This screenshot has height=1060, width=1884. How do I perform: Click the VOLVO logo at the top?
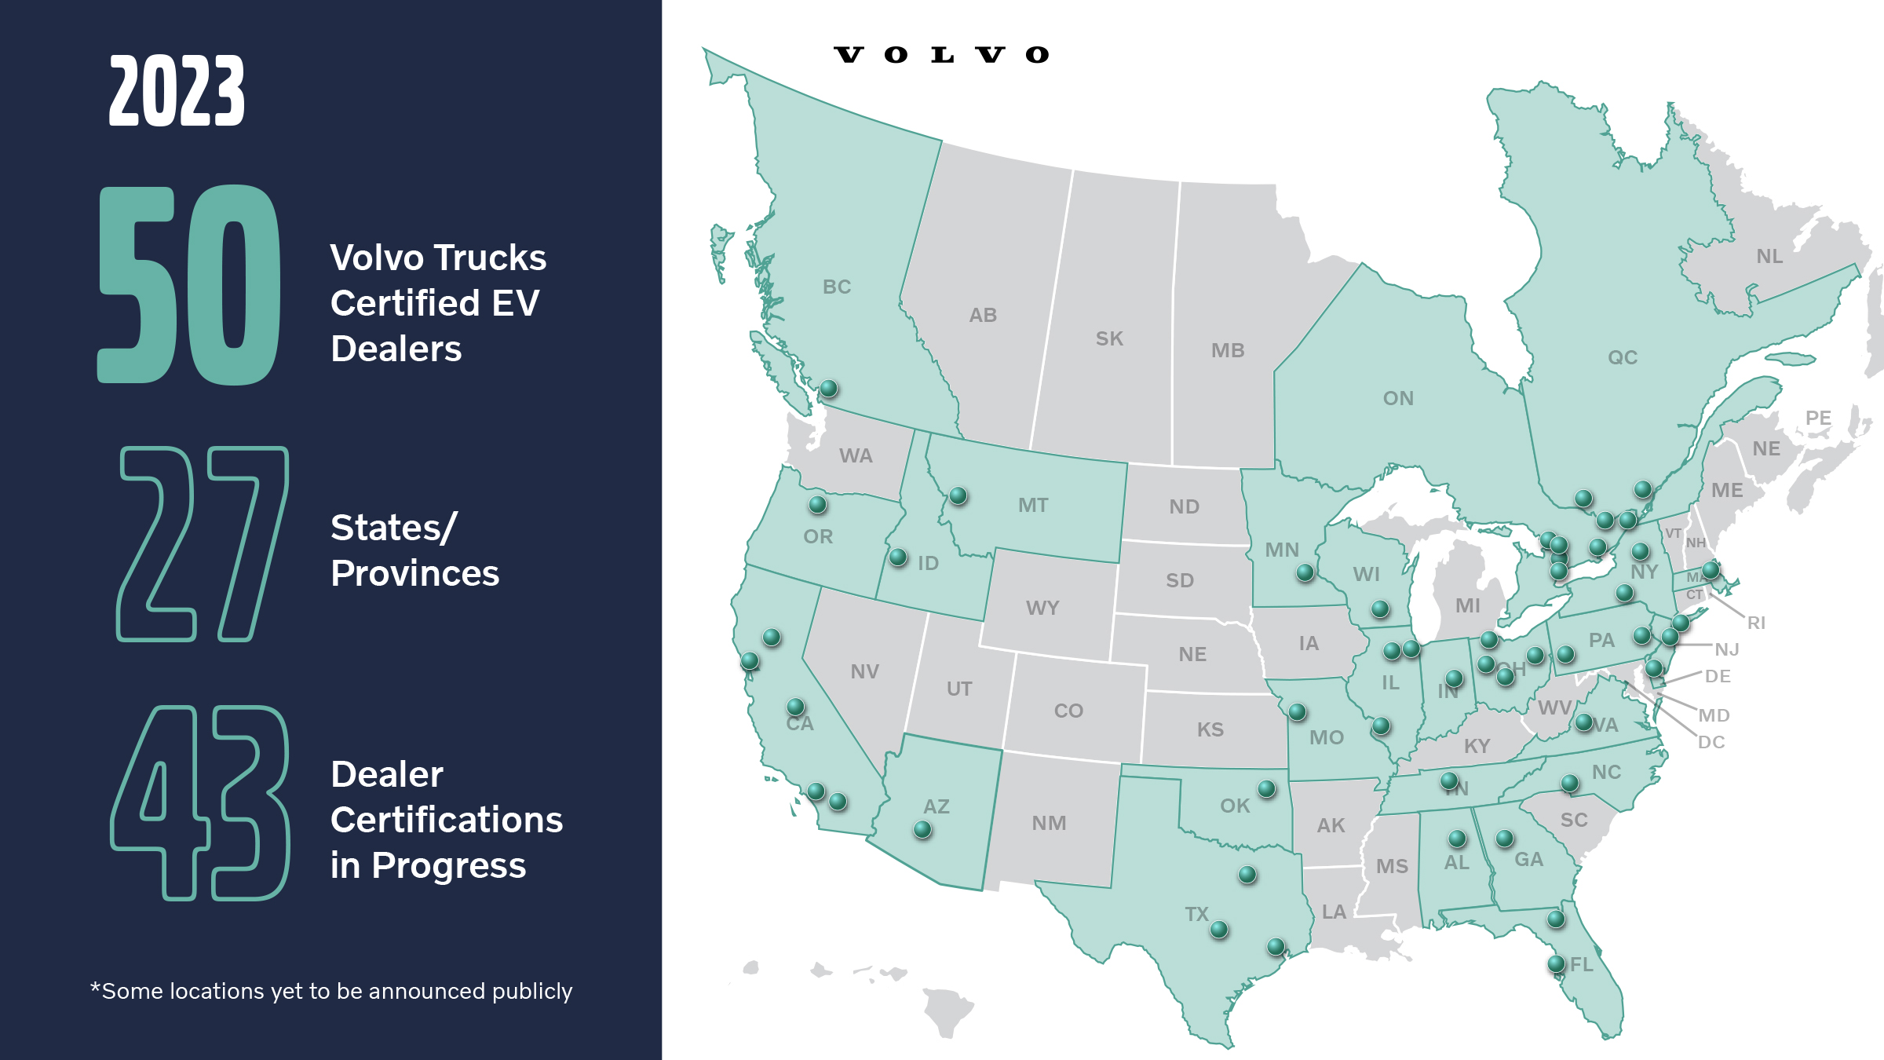(x=941, y=55)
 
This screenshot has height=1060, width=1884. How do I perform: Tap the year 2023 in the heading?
(x=177, y=92)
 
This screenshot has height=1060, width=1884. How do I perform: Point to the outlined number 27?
(x=203, y=543)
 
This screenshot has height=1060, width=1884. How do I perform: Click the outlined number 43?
(x=200, y=802)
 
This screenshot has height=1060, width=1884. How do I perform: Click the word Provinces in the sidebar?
(x=414, y=573)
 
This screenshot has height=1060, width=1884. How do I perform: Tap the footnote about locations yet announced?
(x=331, y=991)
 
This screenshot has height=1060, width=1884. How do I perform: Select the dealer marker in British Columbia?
(x=829, y=388)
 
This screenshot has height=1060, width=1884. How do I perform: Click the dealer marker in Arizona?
(x=922, y=829)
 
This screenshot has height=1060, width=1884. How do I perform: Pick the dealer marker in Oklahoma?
(x=1266, y=788)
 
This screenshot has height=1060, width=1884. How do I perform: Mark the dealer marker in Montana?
(x=958, y=495)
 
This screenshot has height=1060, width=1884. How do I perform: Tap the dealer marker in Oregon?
(x=817, y=504)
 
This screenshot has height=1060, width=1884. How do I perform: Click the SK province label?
(x=1109, y=338)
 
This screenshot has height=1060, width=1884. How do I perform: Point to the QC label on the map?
(x=1623, y=357)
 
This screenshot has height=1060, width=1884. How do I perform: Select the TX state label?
(x=1196, y=914)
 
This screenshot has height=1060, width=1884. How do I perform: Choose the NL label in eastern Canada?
(x=1769, y=256)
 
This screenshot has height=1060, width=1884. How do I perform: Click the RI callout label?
(x=1756, y=623)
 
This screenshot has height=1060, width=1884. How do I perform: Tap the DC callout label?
(x=1711, y=742)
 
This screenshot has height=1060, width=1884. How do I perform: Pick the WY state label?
(x=1042, y=608)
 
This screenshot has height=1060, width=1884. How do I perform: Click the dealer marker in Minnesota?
(x=1305, y=572)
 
